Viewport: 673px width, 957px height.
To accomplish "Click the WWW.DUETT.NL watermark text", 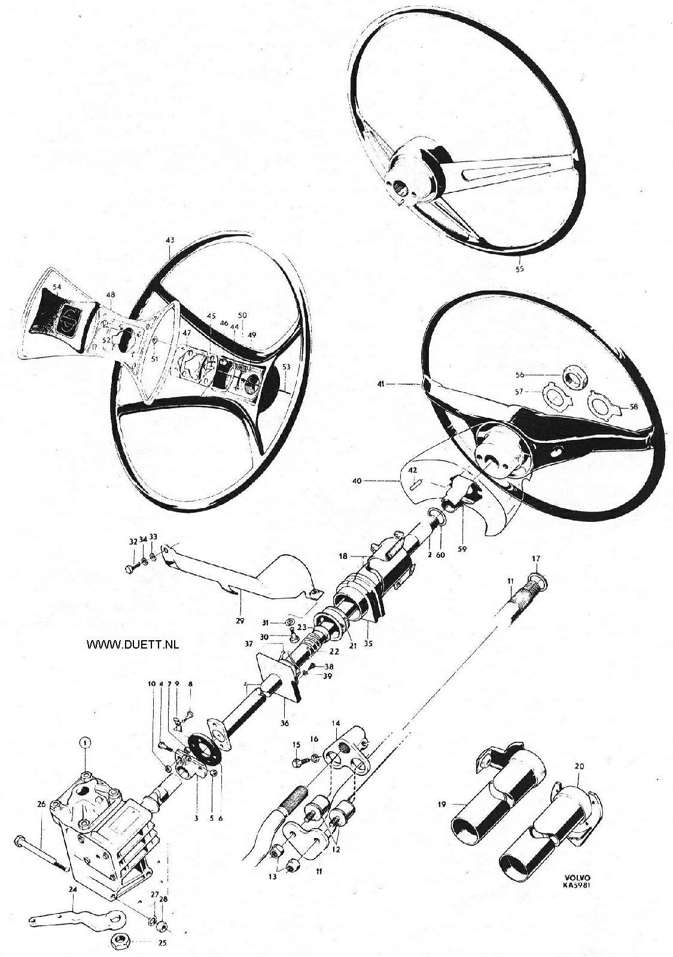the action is pyautogui.click(x=133, y=645).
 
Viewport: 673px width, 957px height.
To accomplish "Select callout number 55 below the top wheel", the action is pyautogui.click(x=520, y=269).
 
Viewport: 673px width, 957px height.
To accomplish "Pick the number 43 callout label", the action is pyautogui.click(x=170, y=240).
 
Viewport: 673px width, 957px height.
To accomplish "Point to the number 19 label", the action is pyautogui.click(x=441, y=804).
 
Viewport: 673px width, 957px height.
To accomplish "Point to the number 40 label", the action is pyautogui.click(x=357, y=481).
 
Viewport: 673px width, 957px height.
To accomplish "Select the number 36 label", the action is pyautogui.click(x=284, y=723).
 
